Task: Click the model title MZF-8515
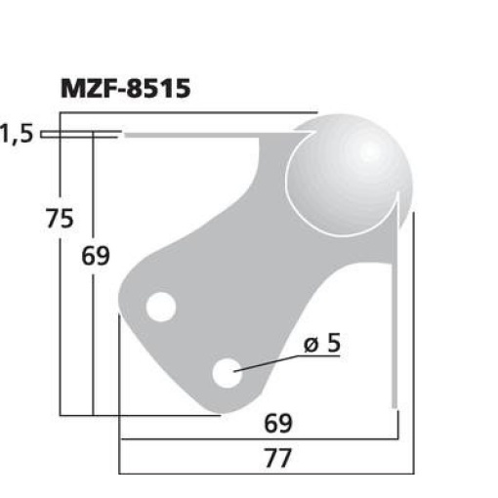pos(125,88)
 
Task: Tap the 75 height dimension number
pos(60,220)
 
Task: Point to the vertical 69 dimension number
pos(96,257)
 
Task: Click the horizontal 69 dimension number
pos(278,424)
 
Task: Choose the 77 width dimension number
pos(278,458)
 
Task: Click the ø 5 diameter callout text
pos(324,344)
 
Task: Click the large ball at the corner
pos(349,175)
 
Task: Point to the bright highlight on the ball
pos(369,151)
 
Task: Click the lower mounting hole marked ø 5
pos(228,372)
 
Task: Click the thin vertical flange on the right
pos(395,312)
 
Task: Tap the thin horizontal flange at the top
pos(195,137)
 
